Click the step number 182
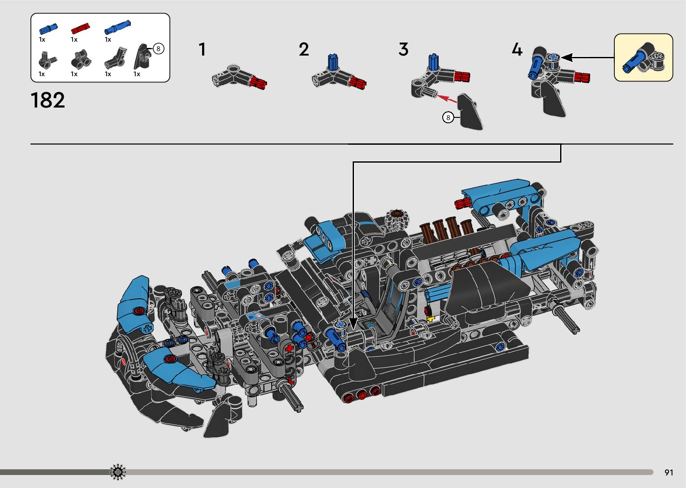click(47, 100)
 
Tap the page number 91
click(669, 472)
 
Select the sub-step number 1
click(202, 49)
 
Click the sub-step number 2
click(304, 49)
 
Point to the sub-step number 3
click(403, 49)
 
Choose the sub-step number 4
click(517, 49)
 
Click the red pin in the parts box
click(81, 29)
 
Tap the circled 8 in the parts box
click(158, 49)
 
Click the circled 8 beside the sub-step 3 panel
click(448, 118)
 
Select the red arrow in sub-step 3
click(447, 99)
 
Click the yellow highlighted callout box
click(643, 57)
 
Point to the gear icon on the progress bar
click(118, 472)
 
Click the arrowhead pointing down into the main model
click(353, 324)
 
